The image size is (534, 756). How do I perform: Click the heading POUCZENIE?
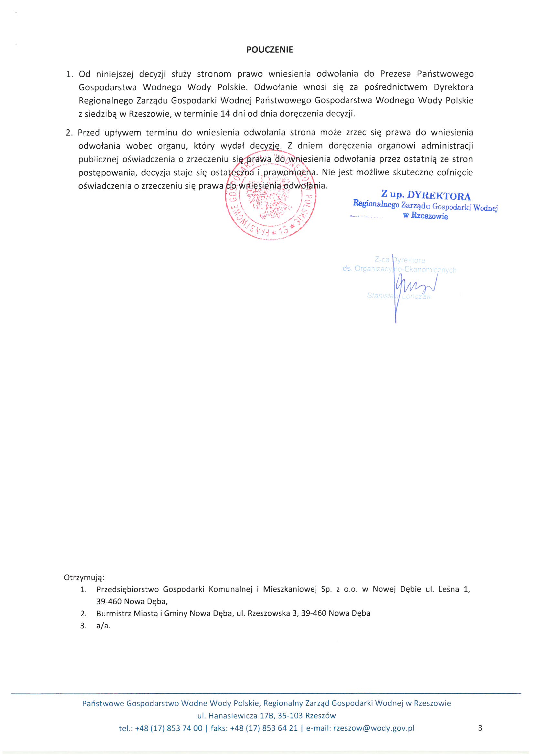pyautogui.click(x=269, y=50)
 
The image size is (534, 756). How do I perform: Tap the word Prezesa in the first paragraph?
pyautogui.click(x=395, y=74)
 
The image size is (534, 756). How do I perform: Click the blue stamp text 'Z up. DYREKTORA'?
pyautogui.click(x=426, y=195)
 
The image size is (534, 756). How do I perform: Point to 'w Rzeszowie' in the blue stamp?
pyautogui.click(x=425, y=216)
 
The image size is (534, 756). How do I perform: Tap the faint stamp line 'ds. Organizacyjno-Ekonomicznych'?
pyautogui.click(x=399, y=269)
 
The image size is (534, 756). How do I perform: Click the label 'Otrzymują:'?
pyautogui.click(x=84, y=577)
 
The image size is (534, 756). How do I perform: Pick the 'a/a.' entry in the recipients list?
pyautogui.click(x=103, y=626)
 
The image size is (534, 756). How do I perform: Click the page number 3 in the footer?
pyautogui.click(x=480, y=728)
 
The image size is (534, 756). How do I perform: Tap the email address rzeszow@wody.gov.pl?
pyautogui.click(x=374, y=728)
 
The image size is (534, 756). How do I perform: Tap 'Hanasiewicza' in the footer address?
pyautogui.click(x=232, y=716)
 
